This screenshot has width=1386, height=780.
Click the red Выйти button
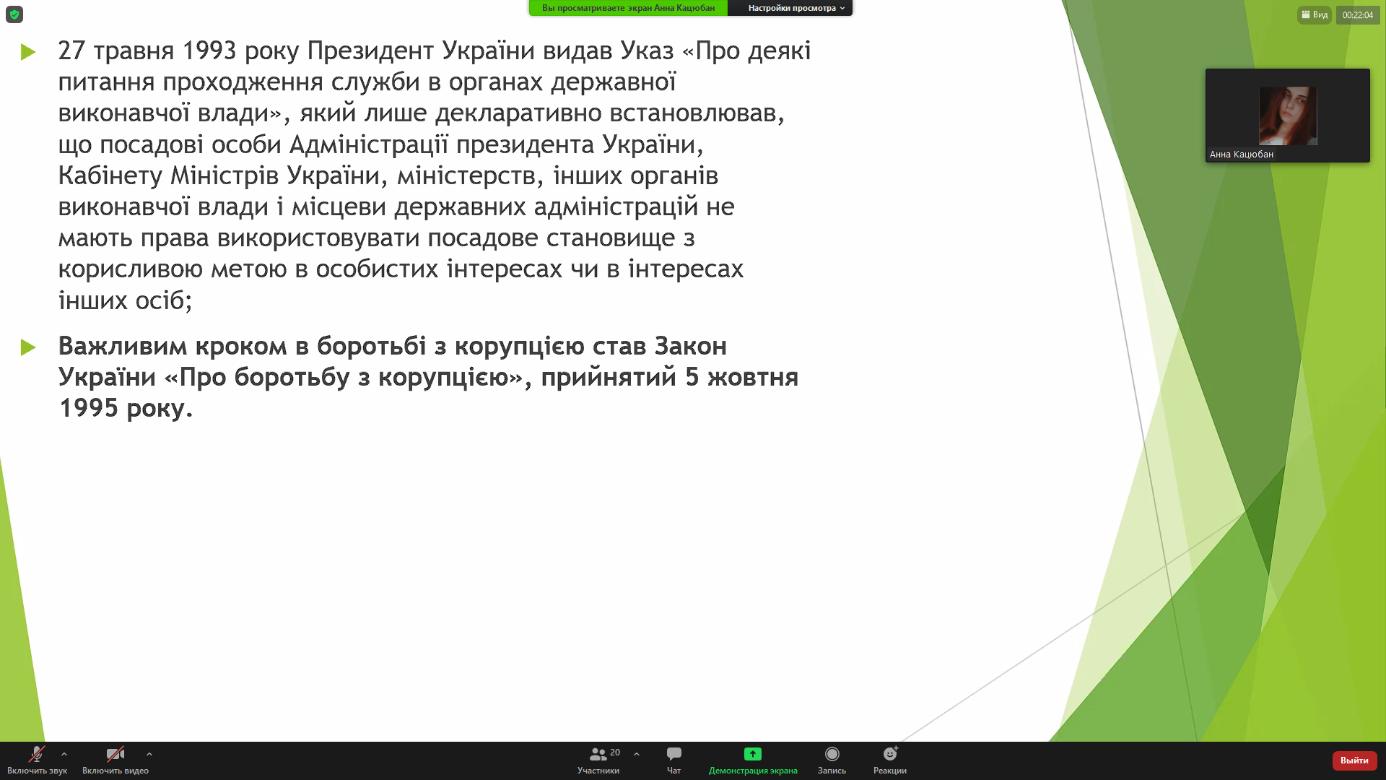click(1354, 760)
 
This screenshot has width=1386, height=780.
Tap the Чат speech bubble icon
click(674, 754)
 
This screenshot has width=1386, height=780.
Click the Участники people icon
click(598, 754)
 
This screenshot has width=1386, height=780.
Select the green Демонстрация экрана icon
click(752, 754)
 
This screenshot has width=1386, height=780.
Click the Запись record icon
click(832, 754)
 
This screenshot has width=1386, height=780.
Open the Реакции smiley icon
click(890, 754)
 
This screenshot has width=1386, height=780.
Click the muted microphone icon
click(36, 754)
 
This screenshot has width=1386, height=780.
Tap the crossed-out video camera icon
click(115, 754)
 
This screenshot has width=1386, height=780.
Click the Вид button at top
click(1315, 14)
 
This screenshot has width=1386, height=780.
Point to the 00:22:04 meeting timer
click(1358, 14)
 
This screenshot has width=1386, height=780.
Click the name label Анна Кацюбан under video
click(1242, 155)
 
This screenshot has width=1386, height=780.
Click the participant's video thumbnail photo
click(1288, 116)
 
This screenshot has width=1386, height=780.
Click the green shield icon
click(14, 14)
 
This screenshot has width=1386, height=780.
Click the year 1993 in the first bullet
click(209, 51)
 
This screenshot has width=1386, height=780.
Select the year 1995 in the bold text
click(88, 408)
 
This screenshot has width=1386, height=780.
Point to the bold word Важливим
click(122, 346)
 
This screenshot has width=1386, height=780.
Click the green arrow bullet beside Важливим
click(28, 347)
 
